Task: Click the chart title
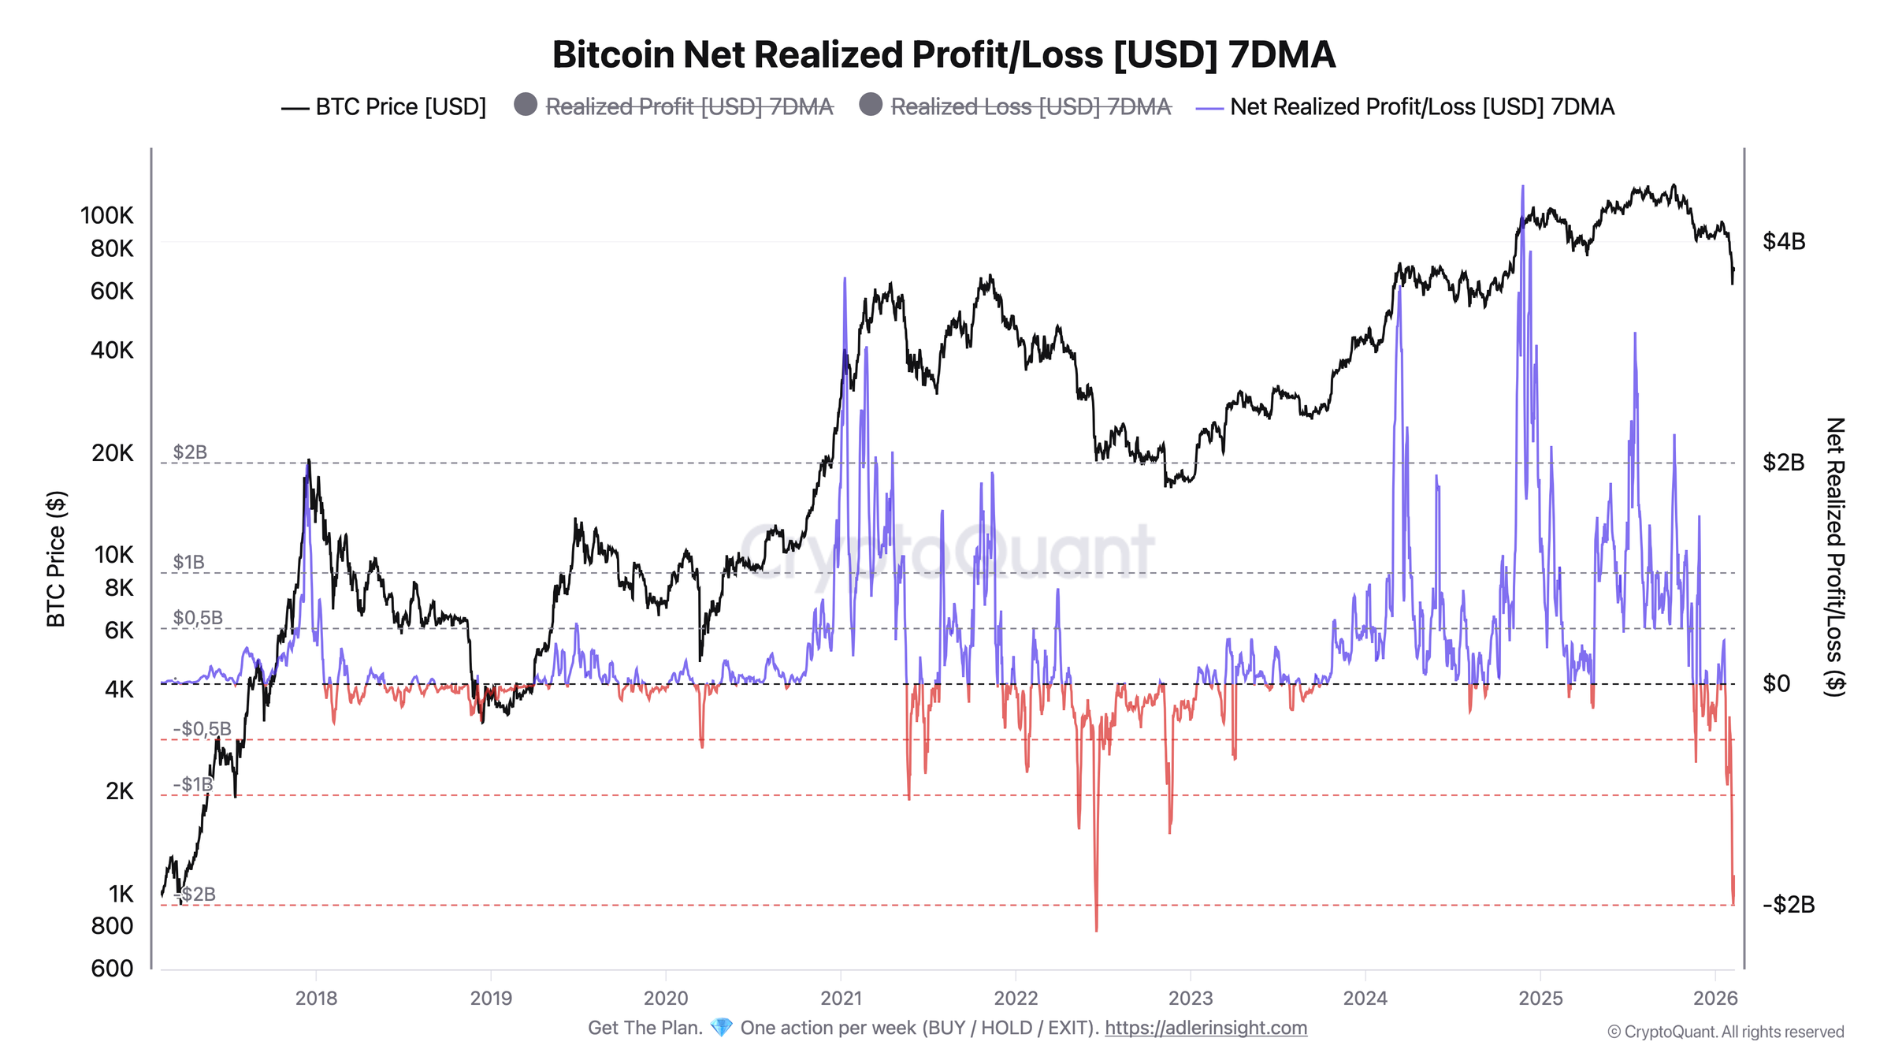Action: pyautogui.click(x=943, y=55)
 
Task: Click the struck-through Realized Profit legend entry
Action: pyautogui.click(x=688, y=106)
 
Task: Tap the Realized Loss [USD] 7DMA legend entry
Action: pyautogui.click(x=1030, y=106)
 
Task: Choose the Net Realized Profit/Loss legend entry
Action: pyautogui.click(x=1421, y=106)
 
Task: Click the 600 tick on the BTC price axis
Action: pyautogui.click(x=112, y=968)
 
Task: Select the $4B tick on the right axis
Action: pyautogui.click(x=1783, y=241)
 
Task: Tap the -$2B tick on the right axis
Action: pyautogui.click(x=1788, y=904)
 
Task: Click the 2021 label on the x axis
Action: pyautogui.click(x=841, y=998)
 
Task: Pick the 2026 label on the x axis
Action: pyautogui.click(x=1715, y=998)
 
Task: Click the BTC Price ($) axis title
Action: pyautogui.click(x=56, y=559)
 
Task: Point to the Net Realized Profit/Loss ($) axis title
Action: pyautogui.click(x=1835, y=556)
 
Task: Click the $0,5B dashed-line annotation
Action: pyautogui.click(x=198, y=617)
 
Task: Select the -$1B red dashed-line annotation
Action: pyautogui.click(x=193, y=784)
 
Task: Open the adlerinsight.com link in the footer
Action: pyautogui.click(x=1206, y=1028)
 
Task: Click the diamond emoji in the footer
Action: pyautogui.click(x=721, y=1028)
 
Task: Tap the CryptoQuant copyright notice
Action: pyautogui.click(x=1726, y=1032)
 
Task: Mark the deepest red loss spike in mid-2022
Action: pyautogui.click(x=1096, y=928)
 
